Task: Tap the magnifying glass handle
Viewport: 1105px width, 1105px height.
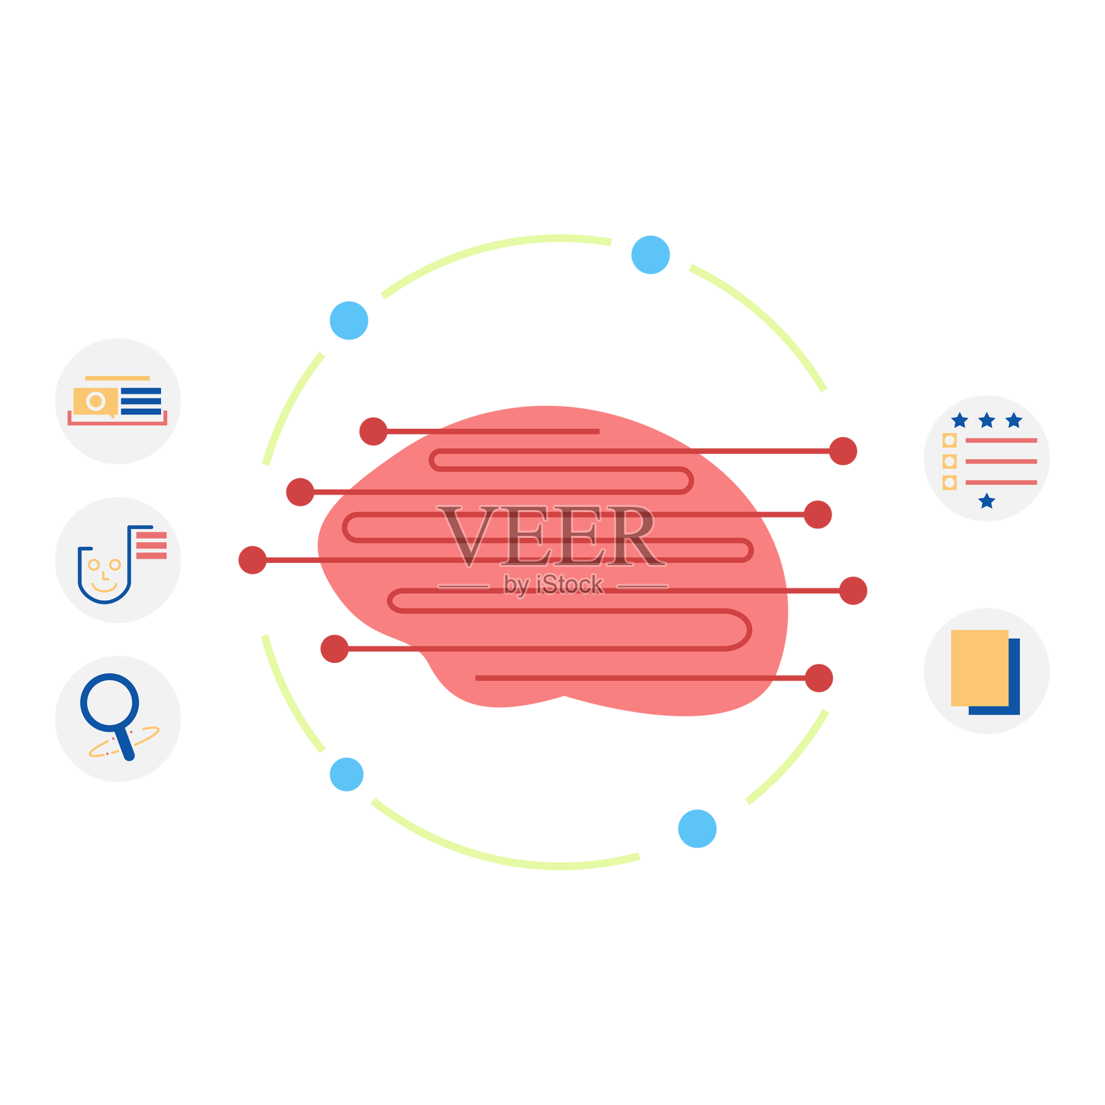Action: pos(125,744)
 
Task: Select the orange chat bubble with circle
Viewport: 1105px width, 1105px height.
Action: pos(95,401)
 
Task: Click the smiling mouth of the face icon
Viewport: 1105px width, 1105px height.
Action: pos(104,588)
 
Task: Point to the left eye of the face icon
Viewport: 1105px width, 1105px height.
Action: pos(93,565)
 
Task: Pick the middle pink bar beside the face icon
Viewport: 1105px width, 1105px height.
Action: pos(151,546)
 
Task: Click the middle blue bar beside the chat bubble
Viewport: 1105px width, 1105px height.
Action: pos(141,401)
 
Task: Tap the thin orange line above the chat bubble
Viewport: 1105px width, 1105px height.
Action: pos(117,378)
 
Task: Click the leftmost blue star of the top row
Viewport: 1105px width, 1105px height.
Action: pos(959,420)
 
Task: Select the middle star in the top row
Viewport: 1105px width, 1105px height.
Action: pos(986,420)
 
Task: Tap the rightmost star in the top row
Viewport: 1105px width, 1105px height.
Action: pos(1013,420)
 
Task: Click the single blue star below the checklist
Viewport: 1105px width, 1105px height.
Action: pos(987,501)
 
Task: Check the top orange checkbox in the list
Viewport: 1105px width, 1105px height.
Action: pos(950,441)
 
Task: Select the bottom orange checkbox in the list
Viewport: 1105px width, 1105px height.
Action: pos(950,482)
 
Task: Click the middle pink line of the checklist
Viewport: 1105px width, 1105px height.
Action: pos(1001,461)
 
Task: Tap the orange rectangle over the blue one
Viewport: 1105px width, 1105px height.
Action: pos(979,667)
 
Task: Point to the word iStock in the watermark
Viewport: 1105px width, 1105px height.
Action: pos(569,585)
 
